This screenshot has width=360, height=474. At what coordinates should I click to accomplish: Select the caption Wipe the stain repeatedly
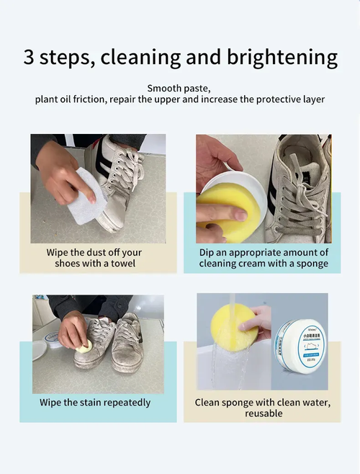[95, 402]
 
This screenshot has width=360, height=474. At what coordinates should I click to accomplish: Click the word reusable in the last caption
[264, 413]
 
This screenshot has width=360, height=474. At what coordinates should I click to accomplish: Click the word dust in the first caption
[97, 252]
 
